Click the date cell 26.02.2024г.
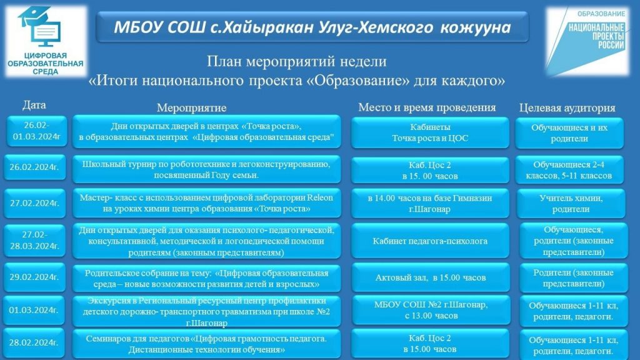[35, 167]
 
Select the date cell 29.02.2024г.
[35, 277]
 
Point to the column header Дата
[34, 105]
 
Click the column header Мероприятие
[191, 107]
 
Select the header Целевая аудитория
[567, 107]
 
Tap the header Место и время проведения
[427, 107]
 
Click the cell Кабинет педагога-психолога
[430, 241]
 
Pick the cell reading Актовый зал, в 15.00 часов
[431, 277]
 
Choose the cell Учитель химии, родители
[571, 203]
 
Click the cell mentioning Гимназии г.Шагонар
[430, 203]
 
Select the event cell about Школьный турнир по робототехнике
[206, 169]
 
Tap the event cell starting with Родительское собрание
[206, 278]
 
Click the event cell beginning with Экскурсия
[206, 312]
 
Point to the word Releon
[320, 197]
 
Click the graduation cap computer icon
[39, 26]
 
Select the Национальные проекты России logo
[587, 41]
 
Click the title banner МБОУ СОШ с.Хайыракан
[312, 27]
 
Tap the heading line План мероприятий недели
[297, 61]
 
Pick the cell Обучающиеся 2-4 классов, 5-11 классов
[569, 170]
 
